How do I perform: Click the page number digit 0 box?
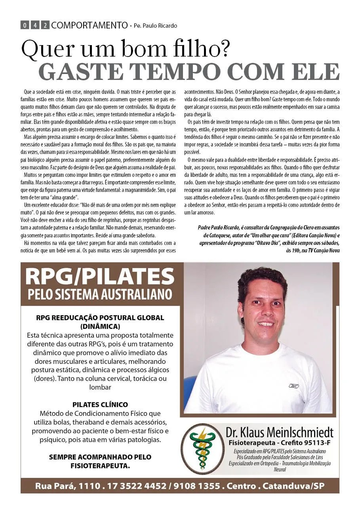pyautogui.click(x=25, y=26)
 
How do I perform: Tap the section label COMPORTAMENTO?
pyautogui.click(x=89, y=25)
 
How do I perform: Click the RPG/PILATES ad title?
pyautogui.click(x=100, y=276)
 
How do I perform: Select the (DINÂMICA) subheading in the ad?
pyautogui.click(x=100, y=326)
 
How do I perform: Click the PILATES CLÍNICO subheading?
pyautogui.click(x=100, y=404)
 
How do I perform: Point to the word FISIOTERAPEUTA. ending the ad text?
pyautogui.click(x=100, y=466)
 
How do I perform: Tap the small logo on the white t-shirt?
pyautogui.click(x=293, y=385)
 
